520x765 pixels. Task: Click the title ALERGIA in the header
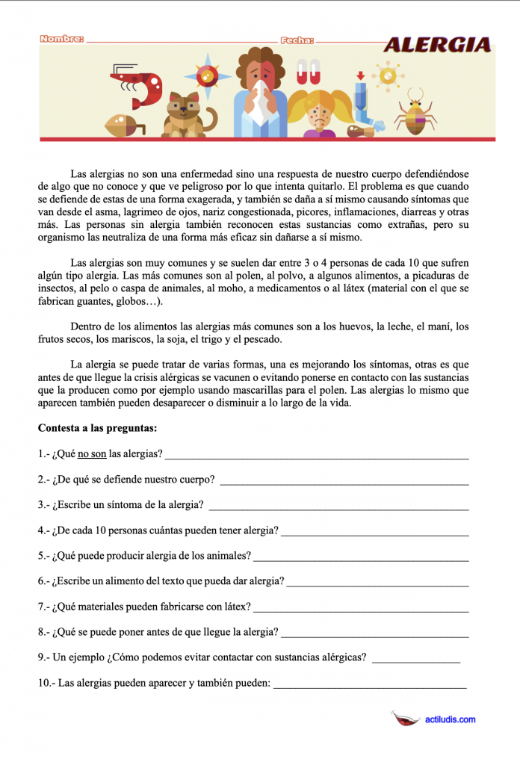(x=437, y=46)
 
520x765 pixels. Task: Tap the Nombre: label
(x=61, y=39)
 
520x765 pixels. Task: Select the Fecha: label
(x=297, y=41)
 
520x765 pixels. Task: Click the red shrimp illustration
(x=138, y=86)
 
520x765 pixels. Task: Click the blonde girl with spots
(x=321, y=112)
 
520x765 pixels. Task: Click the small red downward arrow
(x=360, y=75)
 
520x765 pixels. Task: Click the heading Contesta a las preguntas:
(x=97, y=429)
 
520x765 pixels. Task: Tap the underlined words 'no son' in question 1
(x=92, y=453)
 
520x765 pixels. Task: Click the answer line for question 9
(x=415, y=661)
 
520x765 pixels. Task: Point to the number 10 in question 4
(x=103, y=530)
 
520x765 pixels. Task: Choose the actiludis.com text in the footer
(x=450, y=719)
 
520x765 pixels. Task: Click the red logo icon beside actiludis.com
(x=406, y=719)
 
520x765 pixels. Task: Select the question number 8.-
(x=43, y=632)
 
